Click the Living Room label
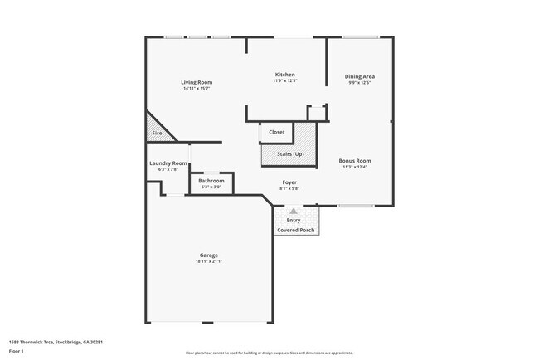[x=197, y=82]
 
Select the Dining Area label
[x=359, y=76]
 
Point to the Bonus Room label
[x=355, y=160]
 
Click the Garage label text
[x=208, y=255]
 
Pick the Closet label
[x=276, y=132]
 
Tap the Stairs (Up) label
[x=284, y=153]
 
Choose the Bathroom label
[x=211, y=180]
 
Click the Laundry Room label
[x=168, y=163]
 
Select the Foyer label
[x=289, y=182]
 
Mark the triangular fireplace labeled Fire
[x=156, y=132]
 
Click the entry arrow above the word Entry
[x=293, y=212]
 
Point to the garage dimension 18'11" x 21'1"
[x=208, y=261]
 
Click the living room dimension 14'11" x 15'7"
[x=197, y=89]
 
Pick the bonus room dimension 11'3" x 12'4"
[x=355, y=167]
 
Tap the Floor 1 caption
[x=17, y=351]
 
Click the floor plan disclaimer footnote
[x=269, y=353]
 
